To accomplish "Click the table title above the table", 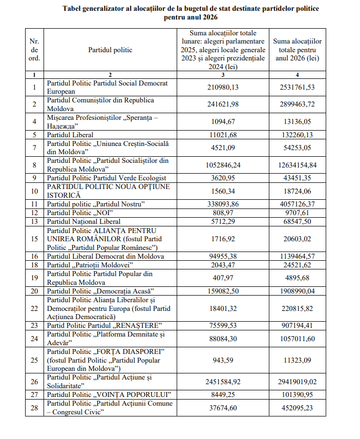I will coord(190,13).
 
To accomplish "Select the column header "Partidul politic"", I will coord(110,50).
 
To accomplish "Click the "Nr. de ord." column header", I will coord(34,50).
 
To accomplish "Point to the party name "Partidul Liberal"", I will coord(70,135).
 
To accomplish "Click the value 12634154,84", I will coord(298,164).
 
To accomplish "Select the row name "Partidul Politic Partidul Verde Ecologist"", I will coord(105,178).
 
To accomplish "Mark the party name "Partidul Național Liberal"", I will coord(83,221).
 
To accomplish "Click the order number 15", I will coord(34,238).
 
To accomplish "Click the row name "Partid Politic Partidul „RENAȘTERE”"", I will coord(104,326).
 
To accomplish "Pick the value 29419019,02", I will coord(298,382).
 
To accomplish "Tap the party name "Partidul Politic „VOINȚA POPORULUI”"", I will coord(109,394).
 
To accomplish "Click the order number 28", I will coord(34,408).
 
